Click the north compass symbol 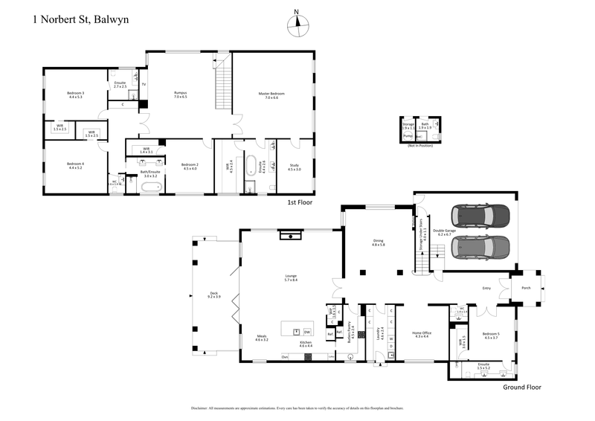297,22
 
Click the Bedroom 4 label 75,165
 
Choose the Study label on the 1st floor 295,168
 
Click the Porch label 525,287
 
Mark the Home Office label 422,335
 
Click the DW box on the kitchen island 307,332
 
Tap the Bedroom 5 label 491,335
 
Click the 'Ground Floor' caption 521,387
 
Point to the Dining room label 379,242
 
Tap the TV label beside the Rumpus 144,84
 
